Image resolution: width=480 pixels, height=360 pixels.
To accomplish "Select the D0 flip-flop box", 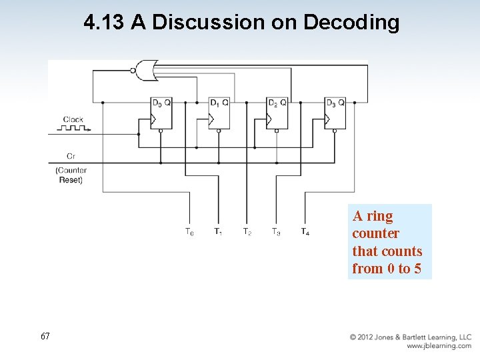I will click(x=161, y=113).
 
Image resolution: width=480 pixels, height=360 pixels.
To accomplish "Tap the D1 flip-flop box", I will click(x=219, y=113).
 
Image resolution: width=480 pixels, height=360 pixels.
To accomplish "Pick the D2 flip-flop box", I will click(x=277, y=113).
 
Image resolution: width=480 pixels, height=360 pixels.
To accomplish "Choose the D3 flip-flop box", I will click(x=335, y=113).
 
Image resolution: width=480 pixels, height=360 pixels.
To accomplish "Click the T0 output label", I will click(x=189, y=232).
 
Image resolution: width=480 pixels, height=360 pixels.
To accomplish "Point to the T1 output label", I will click(x=218, y=232).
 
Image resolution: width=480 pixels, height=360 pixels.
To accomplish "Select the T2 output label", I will click(x=247, y=232).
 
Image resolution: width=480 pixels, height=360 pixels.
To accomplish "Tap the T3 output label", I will click(x=275, y=232).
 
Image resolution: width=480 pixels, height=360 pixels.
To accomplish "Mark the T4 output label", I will click(x=305, y=232).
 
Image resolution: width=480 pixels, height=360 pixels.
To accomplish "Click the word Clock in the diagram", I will click(x=73, y=120).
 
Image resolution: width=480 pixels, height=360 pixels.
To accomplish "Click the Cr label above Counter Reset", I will click(x=71, y=156).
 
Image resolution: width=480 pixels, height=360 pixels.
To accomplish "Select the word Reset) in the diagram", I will click(x=71, y=180).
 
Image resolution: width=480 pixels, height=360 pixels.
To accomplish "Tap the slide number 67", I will click(x=45, y=337).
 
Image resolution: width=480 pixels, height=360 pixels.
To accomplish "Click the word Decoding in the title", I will click(x=351, y=22).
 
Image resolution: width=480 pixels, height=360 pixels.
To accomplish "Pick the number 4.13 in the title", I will click(x=104, y=22).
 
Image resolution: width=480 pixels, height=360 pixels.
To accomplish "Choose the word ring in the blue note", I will click(x=380, y=216).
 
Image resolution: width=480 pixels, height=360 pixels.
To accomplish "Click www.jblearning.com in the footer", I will click(x=439, y=346).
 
